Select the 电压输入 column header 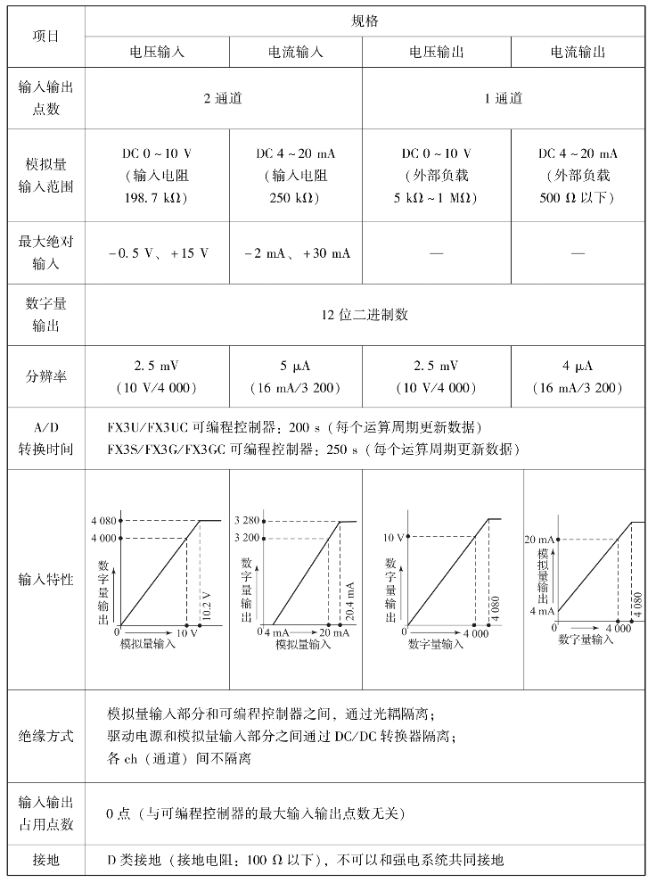point(157,52)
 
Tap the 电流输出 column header point(578,52)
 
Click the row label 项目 point(45,35)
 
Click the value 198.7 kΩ point(156,197)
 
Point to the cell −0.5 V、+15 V point(158,253)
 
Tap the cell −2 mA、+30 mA point(296,253)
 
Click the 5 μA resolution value point(295,366)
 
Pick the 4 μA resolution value point(578,366)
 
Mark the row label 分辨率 point(45,376)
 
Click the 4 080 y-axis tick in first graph point(103,521)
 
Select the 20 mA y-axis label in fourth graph point(541,539)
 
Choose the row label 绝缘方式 point(45,737)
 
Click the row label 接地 point(45,861)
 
